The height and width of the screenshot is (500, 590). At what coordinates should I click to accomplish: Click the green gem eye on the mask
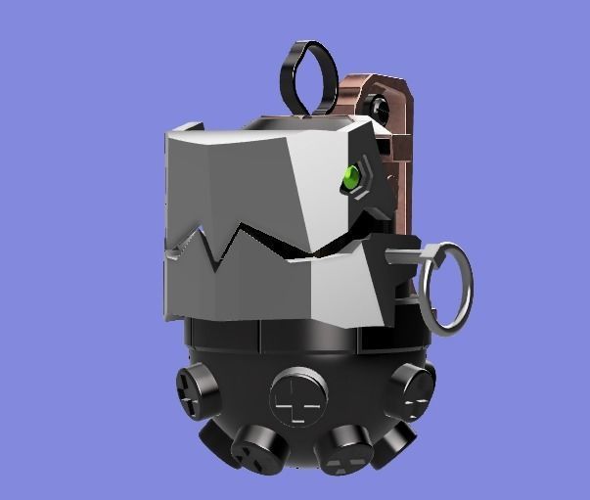(350, 178)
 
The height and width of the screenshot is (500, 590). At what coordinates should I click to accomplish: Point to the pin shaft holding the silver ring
(403, 256)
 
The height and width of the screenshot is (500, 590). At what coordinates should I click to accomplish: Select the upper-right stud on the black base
(409, 389)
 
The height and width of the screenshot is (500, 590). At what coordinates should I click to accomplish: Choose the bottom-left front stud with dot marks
(258, 451)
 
